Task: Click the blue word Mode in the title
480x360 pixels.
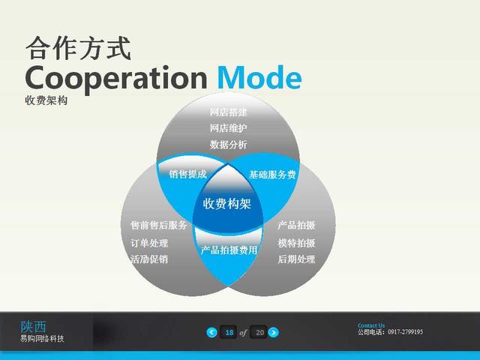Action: (x=259, y=77)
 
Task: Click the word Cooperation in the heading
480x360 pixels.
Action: (x=116, y=79)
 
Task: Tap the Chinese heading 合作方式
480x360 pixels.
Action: (x=78, y=48)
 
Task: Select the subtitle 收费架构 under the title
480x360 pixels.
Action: (x=46, y=100)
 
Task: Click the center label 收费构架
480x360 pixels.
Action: (x=226, y=203)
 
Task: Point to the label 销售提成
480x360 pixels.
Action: (x=188, y=174)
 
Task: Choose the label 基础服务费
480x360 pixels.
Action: (x=272, y=175)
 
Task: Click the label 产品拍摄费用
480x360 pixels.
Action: (x=229, y=250)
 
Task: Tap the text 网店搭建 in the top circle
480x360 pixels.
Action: (x=228, y=112)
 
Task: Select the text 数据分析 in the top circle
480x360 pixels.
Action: (x=228, y=145)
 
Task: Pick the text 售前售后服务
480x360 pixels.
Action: (x=158, y=225)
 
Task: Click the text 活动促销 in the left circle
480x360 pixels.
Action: (x=149, y=259)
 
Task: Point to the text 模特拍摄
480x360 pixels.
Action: (x=296, y=243)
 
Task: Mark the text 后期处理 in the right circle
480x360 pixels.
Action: (x=296, y=259)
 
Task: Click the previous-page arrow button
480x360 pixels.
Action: (x=211, y=332)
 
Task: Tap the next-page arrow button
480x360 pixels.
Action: (x=273, y=332)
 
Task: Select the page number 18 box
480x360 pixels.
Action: (x=229, y=332)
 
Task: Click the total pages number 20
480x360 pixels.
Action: (x=259, y=332)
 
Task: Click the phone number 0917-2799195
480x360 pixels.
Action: (x=405, y=331)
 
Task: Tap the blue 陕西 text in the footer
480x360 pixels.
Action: (x=33, y=327)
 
